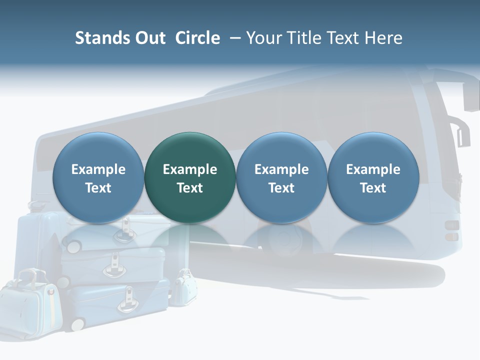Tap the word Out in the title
pyautogui.click(x=149, y=38)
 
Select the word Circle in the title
pyautogui.click(x=197, y=38)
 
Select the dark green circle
pyautogui.click(x=190, y=177)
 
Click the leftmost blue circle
pyautogui.click(x=98, y=177)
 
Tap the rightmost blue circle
pyautogui.click(x=373, y=177)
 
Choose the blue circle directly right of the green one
pyautogui.click(x=281, y=177)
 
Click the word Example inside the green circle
pyautogui.click(x=190, y=169)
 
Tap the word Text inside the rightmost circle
pyautogui.click(x=373, y=188)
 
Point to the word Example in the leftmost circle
pyautogui.click(x=98, y=169)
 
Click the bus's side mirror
pyautogui.click(x=470, y=95)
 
